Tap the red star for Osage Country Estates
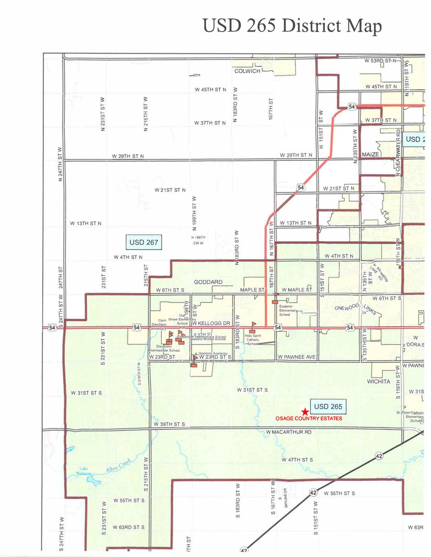305,412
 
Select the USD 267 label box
144,242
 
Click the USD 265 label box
328,406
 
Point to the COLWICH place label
247,71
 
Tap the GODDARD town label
208,282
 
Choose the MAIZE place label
370,154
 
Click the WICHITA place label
378,381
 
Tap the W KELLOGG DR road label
210,323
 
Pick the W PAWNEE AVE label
297,356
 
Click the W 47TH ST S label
297,459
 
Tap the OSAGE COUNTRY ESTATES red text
309,419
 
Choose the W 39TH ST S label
170,425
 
